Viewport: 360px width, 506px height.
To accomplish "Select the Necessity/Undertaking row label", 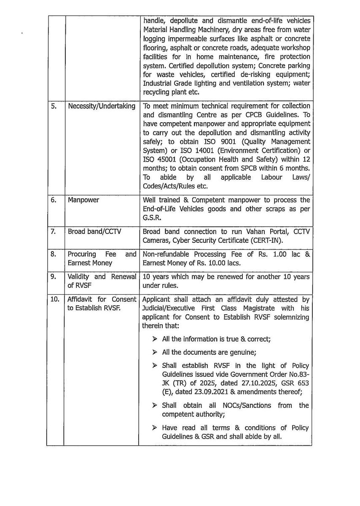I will [101, 106].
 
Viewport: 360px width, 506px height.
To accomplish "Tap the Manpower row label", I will [83, 199].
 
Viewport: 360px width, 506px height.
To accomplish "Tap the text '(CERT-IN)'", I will [268, 240].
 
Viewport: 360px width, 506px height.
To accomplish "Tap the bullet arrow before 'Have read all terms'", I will [154, 428].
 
